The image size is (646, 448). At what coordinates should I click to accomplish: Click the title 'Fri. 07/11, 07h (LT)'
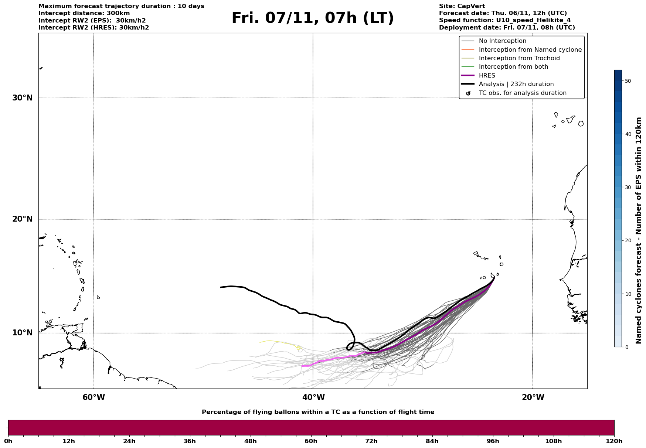pos(313,18)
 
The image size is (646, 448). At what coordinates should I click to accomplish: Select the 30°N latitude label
pos(23,98)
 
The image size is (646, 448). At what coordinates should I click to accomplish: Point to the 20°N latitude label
pos(23,219)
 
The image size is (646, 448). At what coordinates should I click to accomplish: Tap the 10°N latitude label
pos(23,333)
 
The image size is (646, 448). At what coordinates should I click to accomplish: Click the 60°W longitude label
pos(93,397)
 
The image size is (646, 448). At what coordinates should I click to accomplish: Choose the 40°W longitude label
pos(313,397)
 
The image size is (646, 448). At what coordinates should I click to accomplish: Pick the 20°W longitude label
pos(533,397)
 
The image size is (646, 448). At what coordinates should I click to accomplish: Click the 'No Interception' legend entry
pos(502,41)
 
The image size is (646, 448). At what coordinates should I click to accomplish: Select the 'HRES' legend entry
pos(487,76)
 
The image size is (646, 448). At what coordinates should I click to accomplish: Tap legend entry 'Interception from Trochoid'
pos(519,58)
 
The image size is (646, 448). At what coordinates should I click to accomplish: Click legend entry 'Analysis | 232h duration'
pos(516,84)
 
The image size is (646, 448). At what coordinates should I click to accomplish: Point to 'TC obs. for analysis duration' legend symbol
pos(468,93)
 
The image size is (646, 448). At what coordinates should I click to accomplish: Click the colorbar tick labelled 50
pos(627,81)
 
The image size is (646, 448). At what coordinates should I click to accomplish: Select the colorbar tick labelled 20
pos(627,240)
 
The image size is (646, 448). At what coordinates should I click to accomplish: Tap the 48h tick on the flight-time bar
pos(250,441)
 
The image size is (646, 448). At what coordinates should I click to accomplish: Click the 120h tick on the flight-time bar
pos(614,441)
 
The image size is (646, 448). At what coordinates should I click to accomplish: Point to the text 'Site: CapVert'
pos(462,6)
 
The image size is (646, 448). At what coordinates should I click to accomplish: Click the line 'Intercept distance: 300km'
pos(84,13)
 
